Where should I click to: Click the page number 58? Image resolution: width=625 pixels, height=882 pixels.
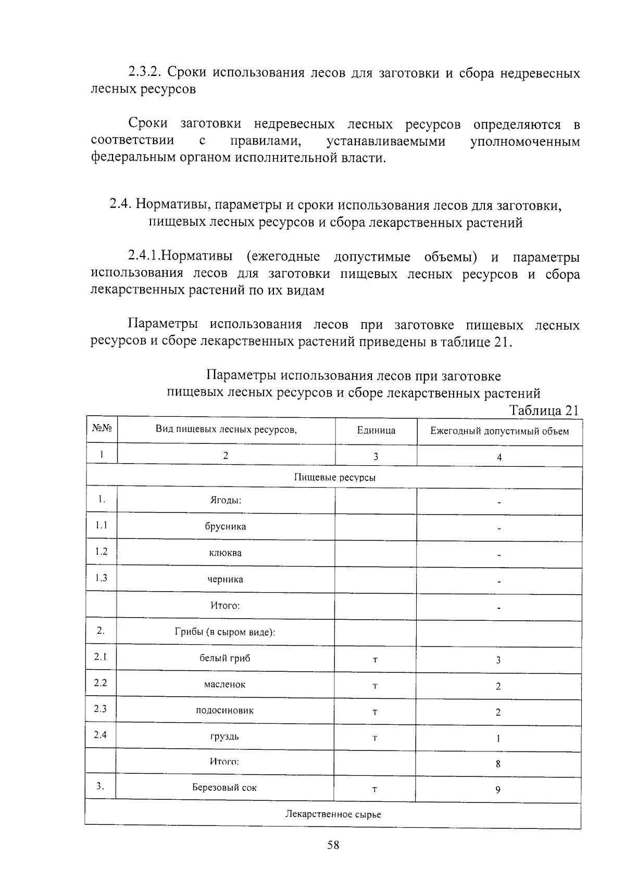click(x=333, y=845)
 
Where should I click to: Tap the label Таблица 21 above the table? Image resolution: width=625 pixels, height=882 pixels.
click(x=544, y=410)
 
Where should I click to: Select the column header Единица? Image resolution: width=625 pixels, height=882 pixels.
click(x=376, y=430)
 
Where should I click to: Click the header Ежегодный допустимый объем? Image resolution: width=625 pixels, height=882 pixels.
click(x=499, y=431)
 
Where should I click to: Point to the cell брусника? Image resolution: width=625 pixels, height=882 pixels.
click(x=225, y=527)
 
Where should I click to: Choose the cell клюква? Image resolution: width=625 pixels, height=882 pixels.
click(x=225, y=553)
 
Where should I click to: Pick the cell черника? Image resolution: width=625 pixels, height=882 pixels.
click(x=225, y=579)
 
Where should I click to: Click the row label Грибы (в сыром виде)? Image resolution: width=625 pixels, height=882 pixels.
click(x=224, y=632)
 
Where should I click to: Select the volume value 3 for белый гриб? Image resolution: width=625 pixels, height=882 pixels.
click(x=498, y=660)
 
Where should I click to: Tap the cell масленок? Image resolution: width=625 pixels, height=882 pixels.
click(x=224, y=685)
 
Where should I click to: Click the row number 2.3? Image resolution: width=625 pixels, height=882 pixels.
click(x=101, y=709)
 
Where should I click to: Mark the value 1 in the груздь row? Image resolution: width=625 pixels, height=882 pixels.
click(x=498, y=738)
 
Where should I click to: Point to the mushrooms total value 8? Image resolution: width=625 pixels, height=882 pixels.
click(x=498, y=764)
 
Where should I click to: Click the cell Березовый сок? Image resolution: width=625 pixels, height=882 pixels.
click(x=224, y=787)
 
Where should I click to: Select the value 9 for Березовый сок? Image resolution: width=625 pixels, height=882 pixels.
click(x=498, y=790)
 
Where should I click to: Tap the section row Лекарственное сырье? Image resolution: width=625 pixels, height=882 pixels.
click(x=333, y=814)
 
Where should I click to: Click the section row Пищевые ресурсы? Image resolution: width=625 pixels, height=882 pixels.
click(x=334, y=477)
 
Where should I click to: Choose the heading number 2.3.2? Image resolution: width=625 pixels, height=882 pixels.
click(x=146, y=72)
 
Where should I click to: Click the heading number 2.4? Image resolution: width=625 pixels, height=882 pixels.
click(x=120, y=205)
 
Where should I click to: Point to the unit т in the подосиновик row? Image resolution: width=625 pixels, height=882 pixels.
click(x=374, y=712)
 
